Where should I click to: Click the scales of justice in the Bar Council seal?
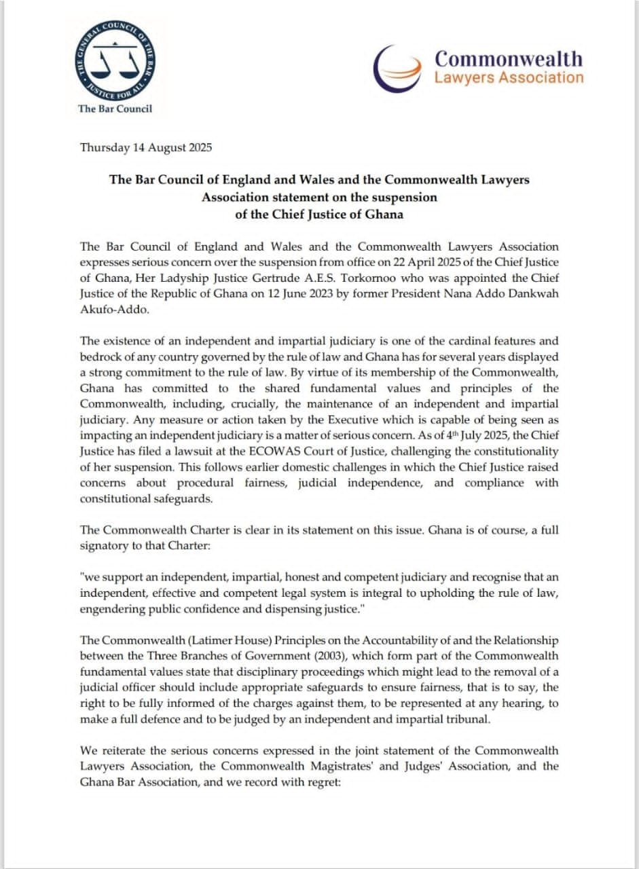(x=114, y=62)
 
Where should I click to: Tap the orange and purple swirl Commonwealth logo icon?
(x=401, y=69)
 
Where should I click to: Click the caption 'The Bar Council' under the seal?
(x=115, y=109)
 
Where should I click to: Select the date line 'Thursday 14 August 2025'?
(x=146, y=147)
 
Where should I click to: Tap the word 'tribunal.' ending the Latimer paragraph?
(x=464, y=719)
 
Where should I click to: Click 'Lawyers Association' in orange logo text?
(x=509, y=77)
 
